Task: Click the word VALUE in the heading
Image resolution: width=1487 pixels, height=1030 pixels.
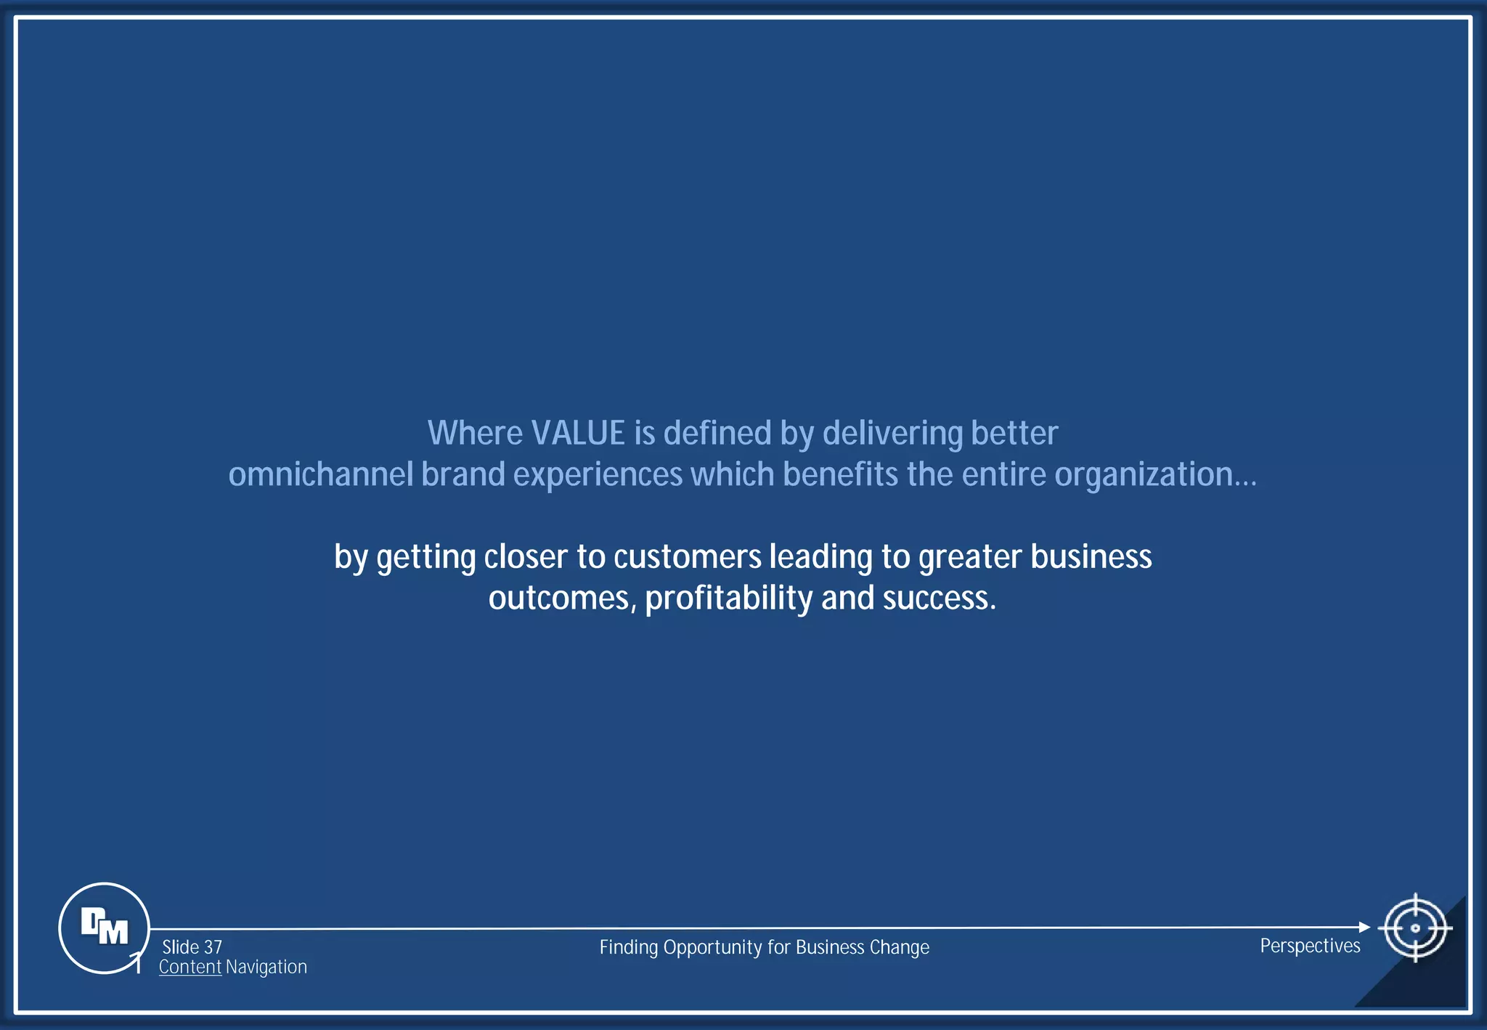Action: [x=578, y=434]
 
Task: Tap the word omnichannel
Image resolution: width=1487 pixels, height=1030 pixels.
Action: [x=320, y=475]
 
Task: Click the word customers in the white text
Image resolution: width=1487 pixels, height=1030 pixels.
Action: [x=687, y=557]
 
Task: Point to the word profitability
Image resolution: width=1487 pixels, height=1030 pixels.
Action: [x=728, y=599]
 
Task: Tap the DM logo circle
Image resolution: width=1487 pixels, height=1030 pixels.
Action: [x=104, y=928]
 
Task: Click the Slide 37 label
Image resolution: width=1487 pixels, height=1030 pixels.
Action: [x=192, y=947]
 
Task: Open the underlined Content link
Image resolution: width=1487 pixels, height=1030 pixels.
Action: [x=190, y=968]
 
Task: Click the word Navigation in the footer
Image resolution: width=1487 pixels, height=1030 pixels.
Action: [x=266, y=968]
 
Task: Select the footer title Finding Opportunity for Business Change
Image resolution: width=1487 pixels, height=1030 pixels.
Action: [x=764, y=948]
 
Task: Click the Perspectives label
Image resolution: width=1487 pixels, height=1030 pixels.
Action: [x=1310, y=946]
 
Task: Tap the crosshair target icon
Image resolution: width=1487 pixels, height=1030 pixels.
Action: [x=1414, y=928]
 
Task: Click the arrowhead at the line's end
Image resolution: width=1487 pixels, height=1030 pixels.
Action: [x=1364, y=927]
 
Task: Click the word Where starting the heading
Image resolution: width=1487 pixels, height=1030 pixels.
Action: [x=475, y=434]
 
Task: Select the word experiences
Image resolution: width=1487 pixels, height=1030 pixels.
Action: [x=598, y=475]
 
